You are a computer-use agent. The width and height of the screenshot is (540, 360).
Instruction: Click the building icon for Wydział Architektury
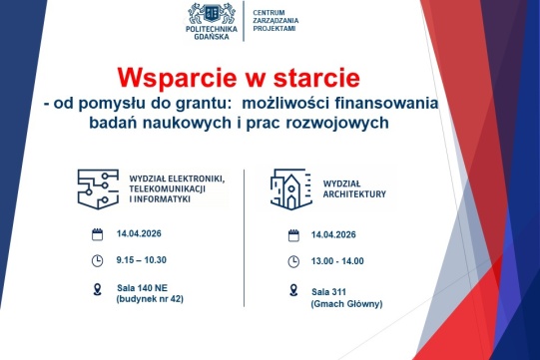(289, 187)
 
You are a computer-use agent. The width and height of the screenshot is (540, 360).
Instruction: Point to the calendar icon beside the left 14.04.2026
(97, 235)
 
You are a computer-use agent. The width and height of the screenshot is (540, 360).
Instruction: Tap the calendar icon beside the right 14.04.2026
(293, 235)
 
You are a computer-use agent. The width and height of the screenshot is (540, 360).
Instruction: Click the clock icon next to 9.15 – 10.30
(97, 261)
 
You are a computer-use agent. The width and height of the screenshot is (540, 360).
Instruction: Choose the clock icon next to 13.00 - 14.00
(293, 261)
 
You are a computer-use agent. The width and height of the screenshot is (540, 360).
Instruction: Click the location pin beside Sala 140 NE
(97, 290)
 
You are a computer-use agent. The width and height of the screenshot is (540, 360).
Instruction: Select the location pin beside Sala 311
(293, 290)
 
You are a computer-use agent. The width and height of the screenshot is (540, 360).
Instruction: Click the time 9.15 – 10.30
(141, 260)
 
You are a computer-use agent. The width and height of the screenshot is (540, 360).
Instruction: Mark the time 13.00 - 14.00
(337, 261)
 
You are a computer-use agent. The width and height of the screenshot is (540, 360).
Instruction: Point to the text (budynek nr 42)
(150, 299)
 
